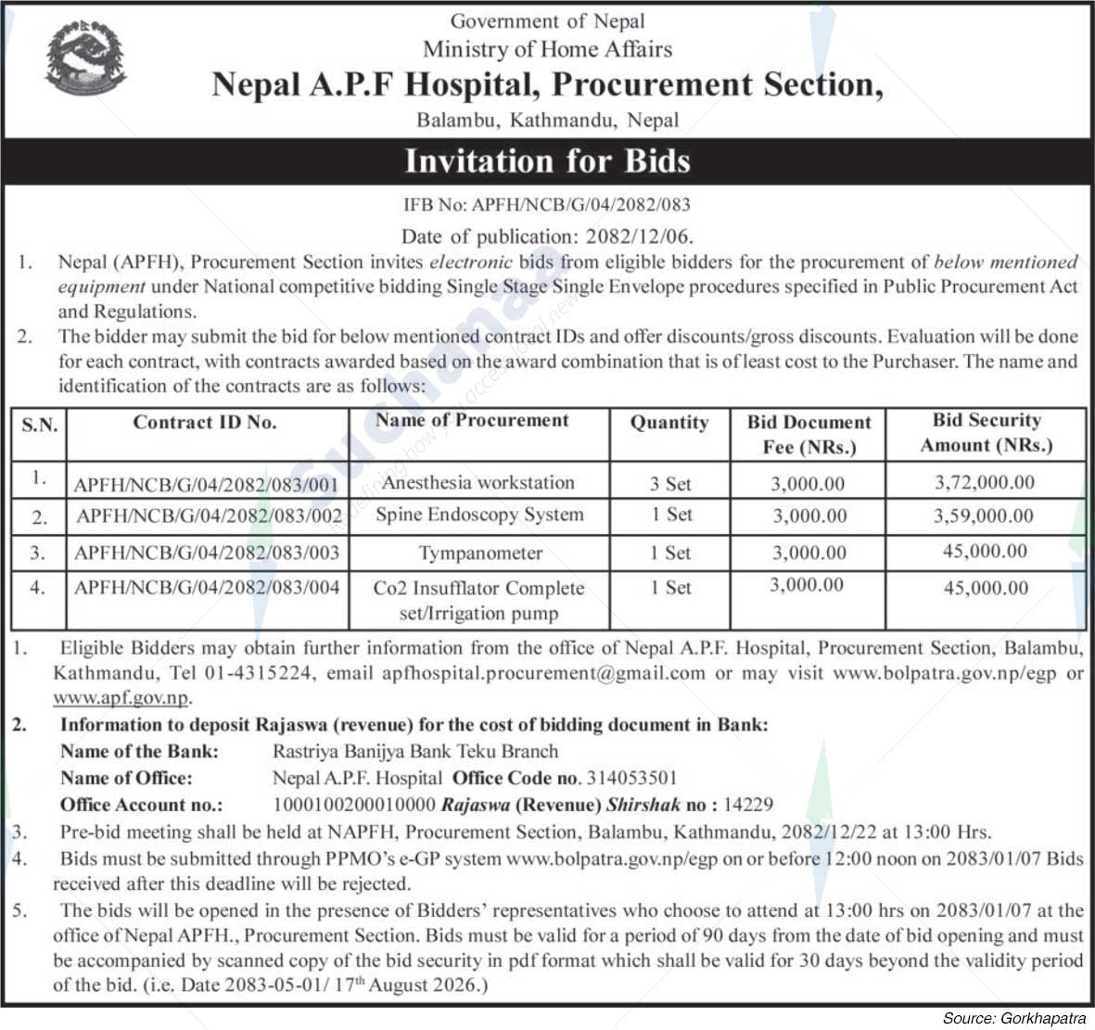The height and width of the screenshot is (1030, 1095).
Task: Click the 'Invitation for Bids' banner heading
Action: pos(547,161)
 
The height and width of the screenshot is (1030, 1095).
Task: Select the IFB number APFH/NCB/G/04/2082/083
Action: pos(580,205)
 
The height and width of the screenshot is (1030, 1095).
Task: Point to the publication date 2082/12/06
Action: pos(639,236)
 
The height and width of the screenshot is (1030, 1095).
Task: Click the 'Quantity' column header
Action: pos(668,423)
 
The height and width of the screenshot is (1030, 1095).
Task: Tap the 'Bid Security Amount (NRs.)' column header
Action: pos(986,433)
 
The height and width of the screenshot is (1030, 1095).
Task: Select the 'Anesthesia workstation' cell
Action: pos(477,482)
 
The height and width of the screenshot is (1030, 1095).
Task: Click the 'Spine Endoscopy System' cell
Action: pos(479,515)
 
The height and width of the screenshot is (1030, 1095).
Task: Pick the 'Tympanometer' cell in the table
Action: pos(479,553)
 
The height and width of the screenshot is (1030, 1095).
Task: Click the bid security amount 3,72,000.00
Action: pos(985,482)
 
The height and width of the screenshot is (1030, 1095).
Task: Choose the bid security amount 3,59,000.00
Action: pos(985,515)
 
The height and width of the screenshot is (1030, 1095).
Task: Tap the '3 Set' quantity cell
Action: pos(669,483)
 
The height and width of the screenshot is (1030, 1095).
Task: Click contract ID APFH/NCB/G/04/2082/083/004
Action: pos(208,587)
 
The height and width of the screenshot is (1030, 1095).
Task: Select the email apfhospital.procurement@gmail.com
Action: pos(543,673)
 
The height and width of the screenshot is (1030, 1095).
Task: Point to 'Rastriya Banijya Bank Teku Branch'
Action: pos(415,752)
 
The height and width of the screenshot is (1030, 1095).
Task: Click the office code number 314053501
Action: pos(630,778)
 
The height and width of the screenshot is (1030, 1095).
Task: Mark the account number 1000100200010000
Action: pos(353,805)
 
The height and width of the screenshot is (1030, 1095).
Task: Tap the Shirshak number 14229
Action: pos(752,805)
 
